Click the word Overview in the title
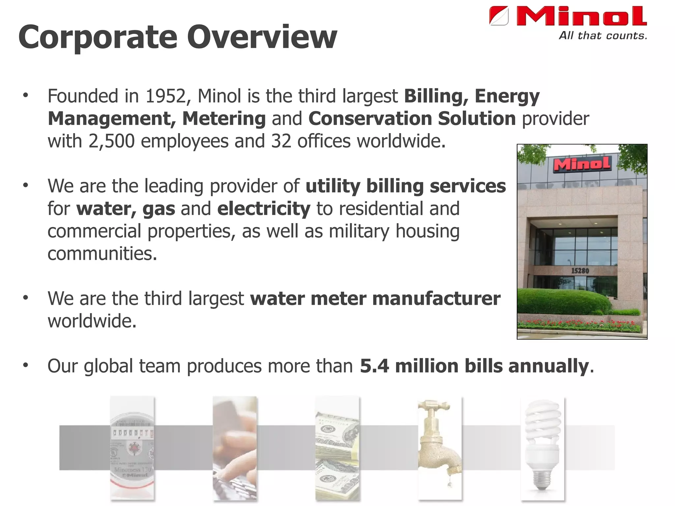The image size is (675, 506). [262, 37]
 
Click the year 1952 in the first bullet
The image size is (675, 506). [166, 96]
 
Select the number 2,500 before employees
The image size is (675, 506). [111, 141]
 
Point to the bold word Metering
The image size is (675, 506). [224, 119]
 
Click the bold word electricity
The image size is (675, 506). [264, 209]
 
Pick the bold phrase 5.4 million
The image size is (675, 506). [409, 366]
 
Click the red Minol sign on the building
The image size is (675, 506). [582, 164]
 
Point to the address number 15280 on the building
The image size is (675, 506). [580, 271]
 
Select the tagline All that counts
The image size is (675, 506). [603, 36]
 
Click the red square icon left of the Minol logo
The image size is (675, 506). [499, 16]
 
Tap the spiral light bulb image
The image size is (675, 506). [543, 448]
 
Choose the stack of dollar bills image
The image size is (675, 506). [337, 448]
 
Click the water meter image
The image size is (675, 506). [132, 448]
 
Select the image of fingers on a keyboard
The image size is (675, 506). [234, 448]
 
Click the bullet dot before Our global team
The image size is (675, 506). [26, 365]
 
